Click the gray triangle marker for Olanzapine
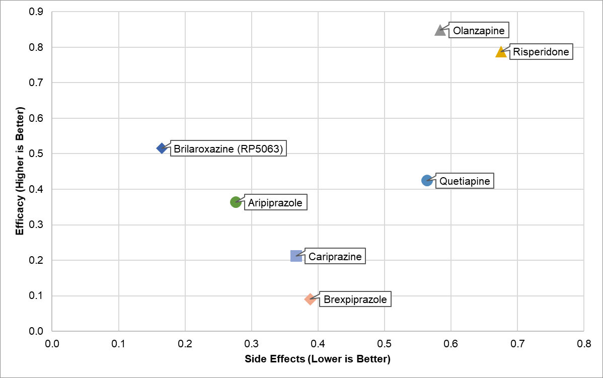(440, 31)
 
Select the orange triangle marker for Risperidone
(501, 52)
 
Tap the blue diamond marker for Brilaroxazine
(162, 148)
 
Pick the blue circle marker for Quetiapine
(427, 181)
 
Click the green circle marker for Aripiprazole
(235, 202)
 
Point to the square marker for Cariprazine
(296, 256)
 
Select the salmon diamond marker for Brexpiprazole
(310, 299)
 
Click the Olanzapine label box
(479, 31)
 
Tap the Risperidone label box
(541, 52)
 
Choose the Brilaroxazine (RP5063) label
(229, 149)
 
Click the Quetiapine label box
(465, 181)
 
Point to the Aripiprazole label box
(275, 203)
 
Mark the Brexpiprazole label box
(355, 300)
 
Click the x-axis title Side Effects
(318, 359)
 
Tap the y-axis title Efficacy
(20, 171)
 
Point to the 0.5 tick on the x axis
(384, 344)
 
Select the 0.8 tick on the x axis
(583, 344)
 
